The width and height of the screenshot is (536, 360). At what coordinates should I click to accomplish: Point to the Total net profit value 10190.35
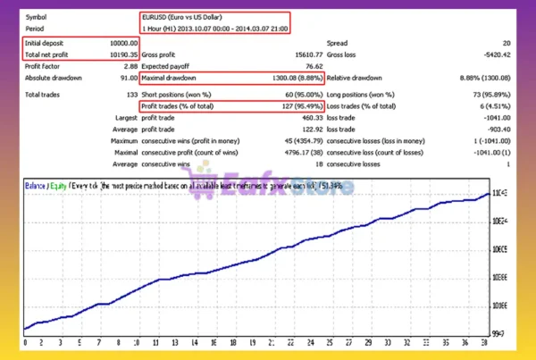[x=121, y=54]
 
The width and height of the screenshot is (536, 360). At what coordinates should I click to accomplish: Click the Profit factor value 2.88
[x=128, y=67]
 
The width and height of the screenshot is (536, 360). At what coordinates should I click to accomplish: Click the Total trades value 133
[x=130, y=93]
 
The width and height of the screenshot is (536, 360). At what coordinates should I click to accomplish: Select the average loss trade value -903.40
[x=496, y=129]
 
